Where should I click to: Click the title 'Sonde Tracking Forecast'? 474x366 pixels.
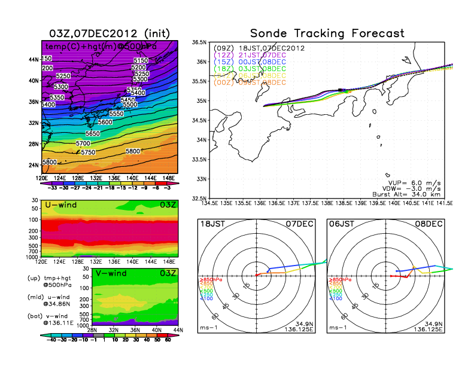pyautogui.click(x=327, y=33)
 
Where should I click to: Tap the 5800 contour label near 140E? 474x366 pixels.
pyautogui.click(x=134, y=151)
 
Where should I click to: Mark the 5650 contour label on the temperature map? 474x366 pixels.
pyautogui.click(x=92, y=133)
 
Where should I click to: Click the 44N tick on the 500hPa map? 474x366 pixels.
pyautogui.click(x=34, y=59)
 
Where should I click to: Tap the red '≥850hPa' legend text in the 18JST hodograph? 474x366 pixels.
pyautogui.click(x=208, y=279)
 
